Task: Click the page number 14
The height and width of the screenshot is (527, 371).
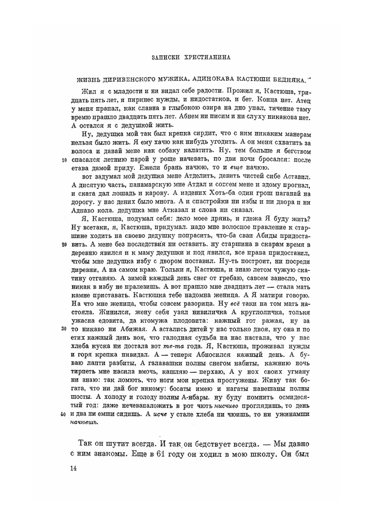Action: click(x=73, y=468)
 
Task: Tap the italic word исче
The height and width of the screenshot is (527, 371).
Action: click(x=160, y=414)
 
